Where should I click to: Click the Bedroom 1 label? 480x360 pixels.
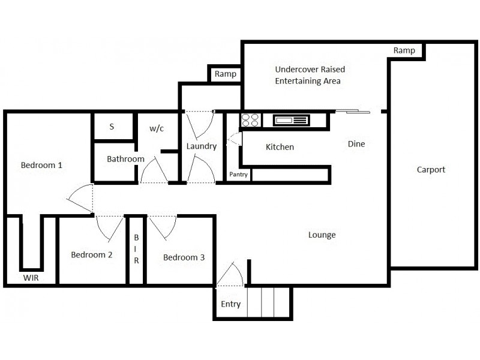(x=42, y=165)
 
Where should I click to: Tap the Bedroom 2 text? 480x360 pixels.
(x=92, y=255)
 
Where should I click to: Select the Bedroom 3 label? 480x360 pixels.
(x=184, y=257)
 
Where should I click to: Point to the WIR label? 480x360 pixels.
(x=32, y=278)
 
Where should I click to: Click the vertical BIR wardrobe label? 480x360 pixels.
(x=136, y=249)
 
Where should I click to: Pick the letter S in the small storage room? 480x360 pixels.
(x=112, y=127)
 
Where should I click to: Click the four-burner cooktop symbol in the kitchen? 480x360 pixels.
(x=250, y=120)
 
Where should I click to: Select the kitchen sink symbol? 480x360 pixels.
(x=291, y=121)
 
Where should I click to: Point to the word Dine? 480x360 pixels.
(x=356, y=144)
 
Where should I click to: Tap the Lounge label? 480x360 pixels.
(x=322, y=235)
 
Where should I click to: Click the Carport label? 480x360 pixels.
(x=431, y=170)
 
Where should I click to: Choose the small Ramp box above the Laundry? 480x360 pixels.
(x=225, y=74)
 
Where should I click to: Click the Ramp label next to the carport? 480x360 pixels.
(x=404, y=51)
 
